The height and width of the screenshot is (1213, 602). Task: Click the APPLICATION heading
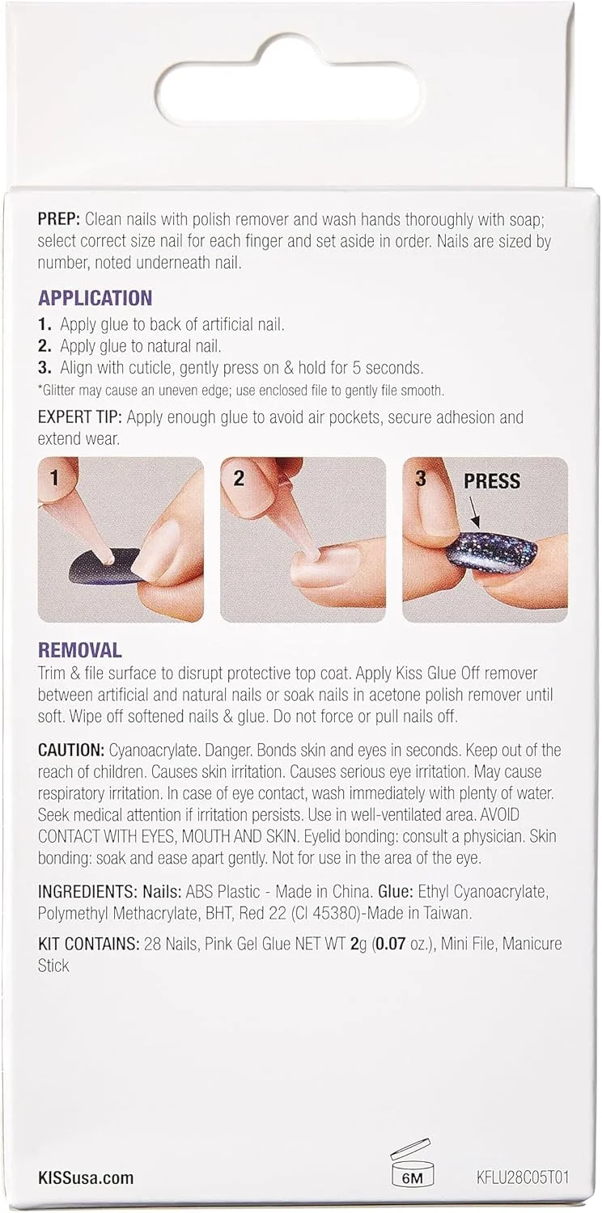[x=95, y=298]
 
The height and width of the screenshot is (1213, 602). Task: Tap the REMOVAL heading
[x=79, y=650]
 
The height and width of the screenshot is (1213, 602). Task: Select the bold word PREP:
[x=59, y=219]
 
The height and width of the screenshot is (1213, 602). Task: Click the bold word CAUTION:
[x=71, y=750]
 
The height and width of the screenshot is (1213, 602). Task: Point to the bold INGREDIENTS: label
[x=87, y=891]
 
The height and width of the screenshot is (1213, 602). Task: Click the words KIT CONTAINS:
[x=88, y=944]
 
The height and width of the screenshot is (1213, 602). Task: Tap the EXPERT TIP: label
[x=79, y=417]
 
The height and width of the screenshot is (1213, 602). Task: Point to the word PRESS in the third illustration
[x=492, y=481]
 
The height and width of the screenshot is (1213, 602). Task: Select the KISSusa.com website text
[x=85, y=1177]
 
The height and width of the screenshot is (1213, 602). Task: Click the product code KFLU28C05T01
[x=523, y=1177]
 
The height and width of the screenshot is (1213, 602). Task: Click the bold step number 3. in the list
[x=45, y=368]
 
